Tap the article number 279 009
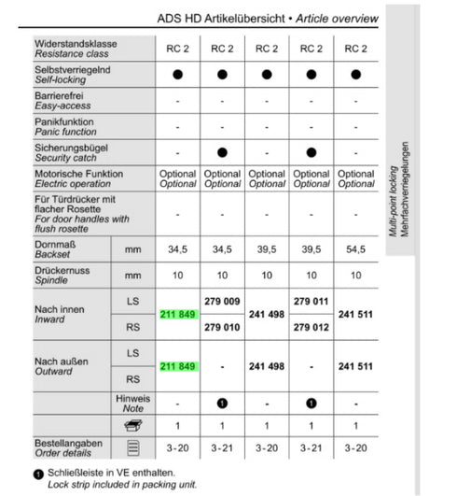pyautogui.click(x=222, y=302)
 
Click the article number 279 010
pyautogui.click(x=222, y=328)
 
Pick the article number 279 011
pyautogui.click(x=312, y=302)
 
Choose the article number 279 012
pyautogui.click(x=312, y=328)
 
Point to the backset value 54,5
pyautogui.click(x=355, y=249)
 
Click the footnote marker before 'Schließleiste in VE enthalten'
pyautogui.click(x=36, y=475)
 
